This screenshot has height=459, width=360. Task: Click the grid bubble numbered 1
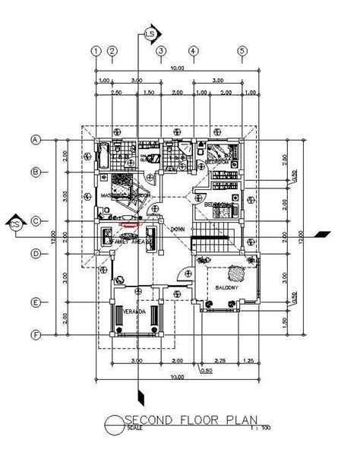96,51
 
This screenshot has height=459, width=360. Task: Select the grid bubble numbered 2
112,51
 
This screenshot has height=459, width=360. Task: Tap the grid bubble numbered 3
161,51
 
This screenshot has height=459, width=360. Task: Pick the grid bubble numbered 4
194,51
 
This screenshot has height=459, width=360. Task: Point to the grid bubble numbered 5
243,51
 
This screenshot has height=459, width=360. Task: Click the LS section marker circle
150,34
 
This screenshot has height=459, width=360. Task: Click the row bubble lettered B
35,172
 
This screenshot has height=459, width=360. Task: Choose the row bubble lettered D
35,253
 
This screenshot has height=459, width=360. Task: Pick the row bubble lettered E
35,302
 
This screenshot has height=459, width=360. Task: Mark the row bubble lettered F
35,334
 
